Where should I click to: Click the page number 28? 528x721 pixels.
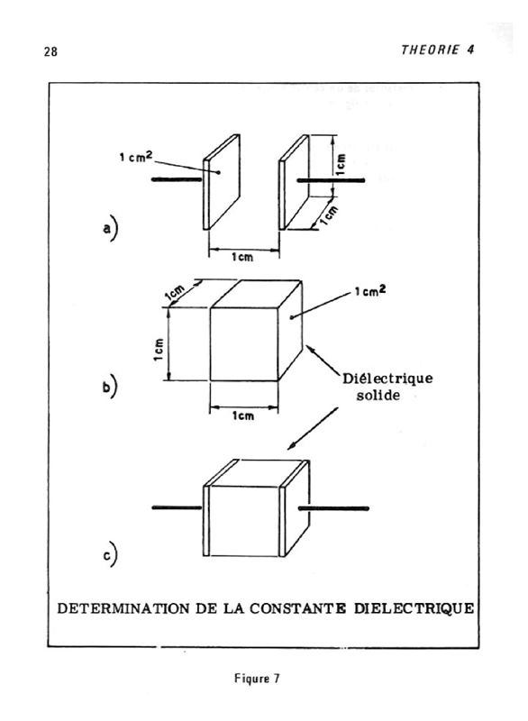[51, 51]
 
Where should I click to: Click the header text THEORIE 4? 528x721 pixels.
[438, 50]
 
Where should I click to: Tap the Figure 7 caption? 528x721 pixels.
[257, 679]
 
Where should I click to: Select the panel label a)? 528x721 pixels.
[110, 229]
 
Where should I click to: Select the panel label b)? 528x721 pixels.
[110, 387]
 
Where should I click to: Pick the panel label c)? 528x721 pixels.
[110, 555]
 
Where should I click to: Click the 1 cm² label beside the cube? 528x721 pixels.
[370, 290]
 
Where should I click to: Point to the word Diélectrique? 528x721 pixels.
[387, 379]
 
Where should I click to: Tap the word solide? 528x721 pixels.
[378, 395]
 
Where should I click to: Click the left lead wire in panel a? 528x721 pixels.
[177, 178]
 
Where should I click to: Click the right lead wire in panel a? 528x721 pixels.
[331, 180]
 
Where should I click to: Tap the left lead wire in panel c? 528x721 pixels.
[177, 507]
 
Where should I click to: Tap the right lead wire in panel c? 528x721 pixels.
[333, 508]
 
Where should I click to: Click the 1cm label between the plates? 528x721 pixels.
[242, 257]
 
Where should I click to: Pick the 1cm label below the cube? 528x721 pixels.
[243, 415]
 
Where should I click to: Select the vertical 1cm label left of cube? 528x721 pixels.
[159, 350]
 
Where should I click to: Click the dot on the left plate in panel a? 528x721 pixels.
[219, 172]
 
